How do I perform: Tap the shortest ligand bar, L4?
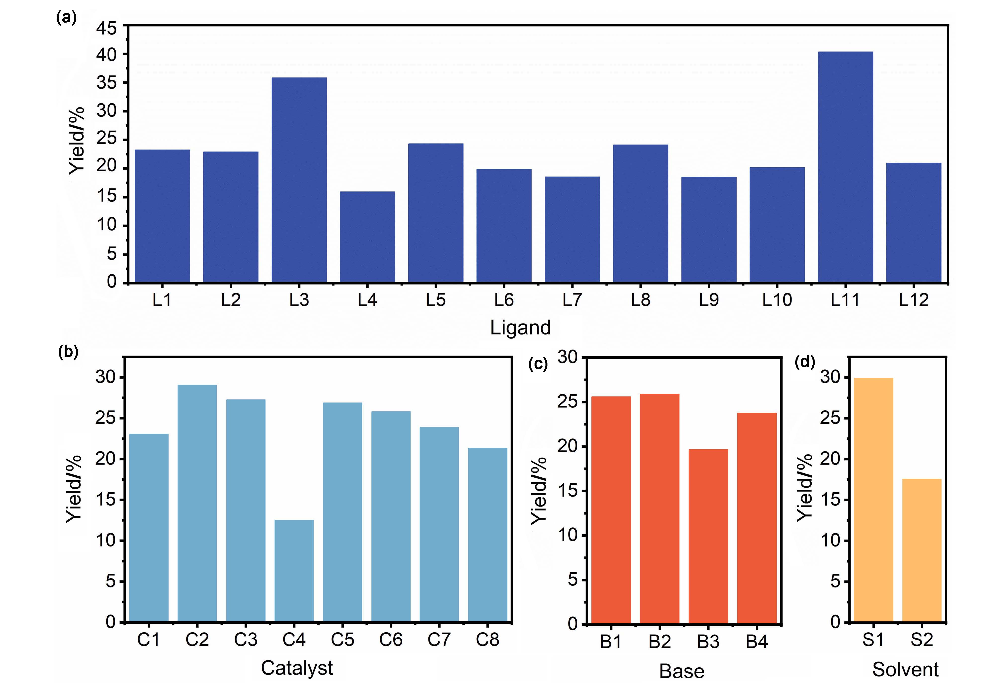[367, 237]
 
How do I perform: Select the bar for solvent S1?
[873, 499]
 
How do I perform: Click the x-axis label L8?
[640, 300]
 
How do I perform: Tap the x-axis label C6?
[391, 640]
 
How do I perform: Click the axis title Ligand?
[520, 327]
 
